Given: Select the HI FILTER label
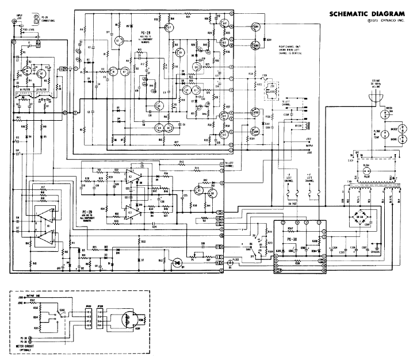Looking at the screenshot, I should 25,89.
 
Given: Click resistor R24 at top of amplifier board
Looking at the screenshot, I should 188,17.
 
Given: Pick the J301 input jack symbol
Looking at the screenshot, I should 13,22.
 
